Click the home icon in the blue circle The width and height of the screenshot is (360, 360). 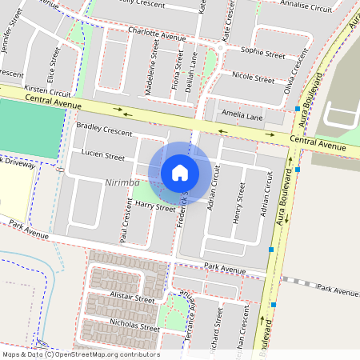[180, 173]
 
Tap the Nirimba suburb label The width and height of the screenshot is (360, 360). [122, 183]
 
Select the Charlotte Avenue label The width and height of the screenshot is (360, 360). [157, 36]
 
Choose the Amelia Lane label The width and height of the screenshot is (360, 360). [242, 116]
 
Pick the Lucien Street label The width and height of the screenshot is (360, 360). [102, 156]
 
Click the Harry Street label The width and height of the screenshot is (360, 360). [155, 207]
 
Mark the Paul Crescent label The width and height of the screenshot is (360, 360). [125, 223]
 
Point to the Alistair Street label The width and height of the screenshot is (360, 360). [133, 298]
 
